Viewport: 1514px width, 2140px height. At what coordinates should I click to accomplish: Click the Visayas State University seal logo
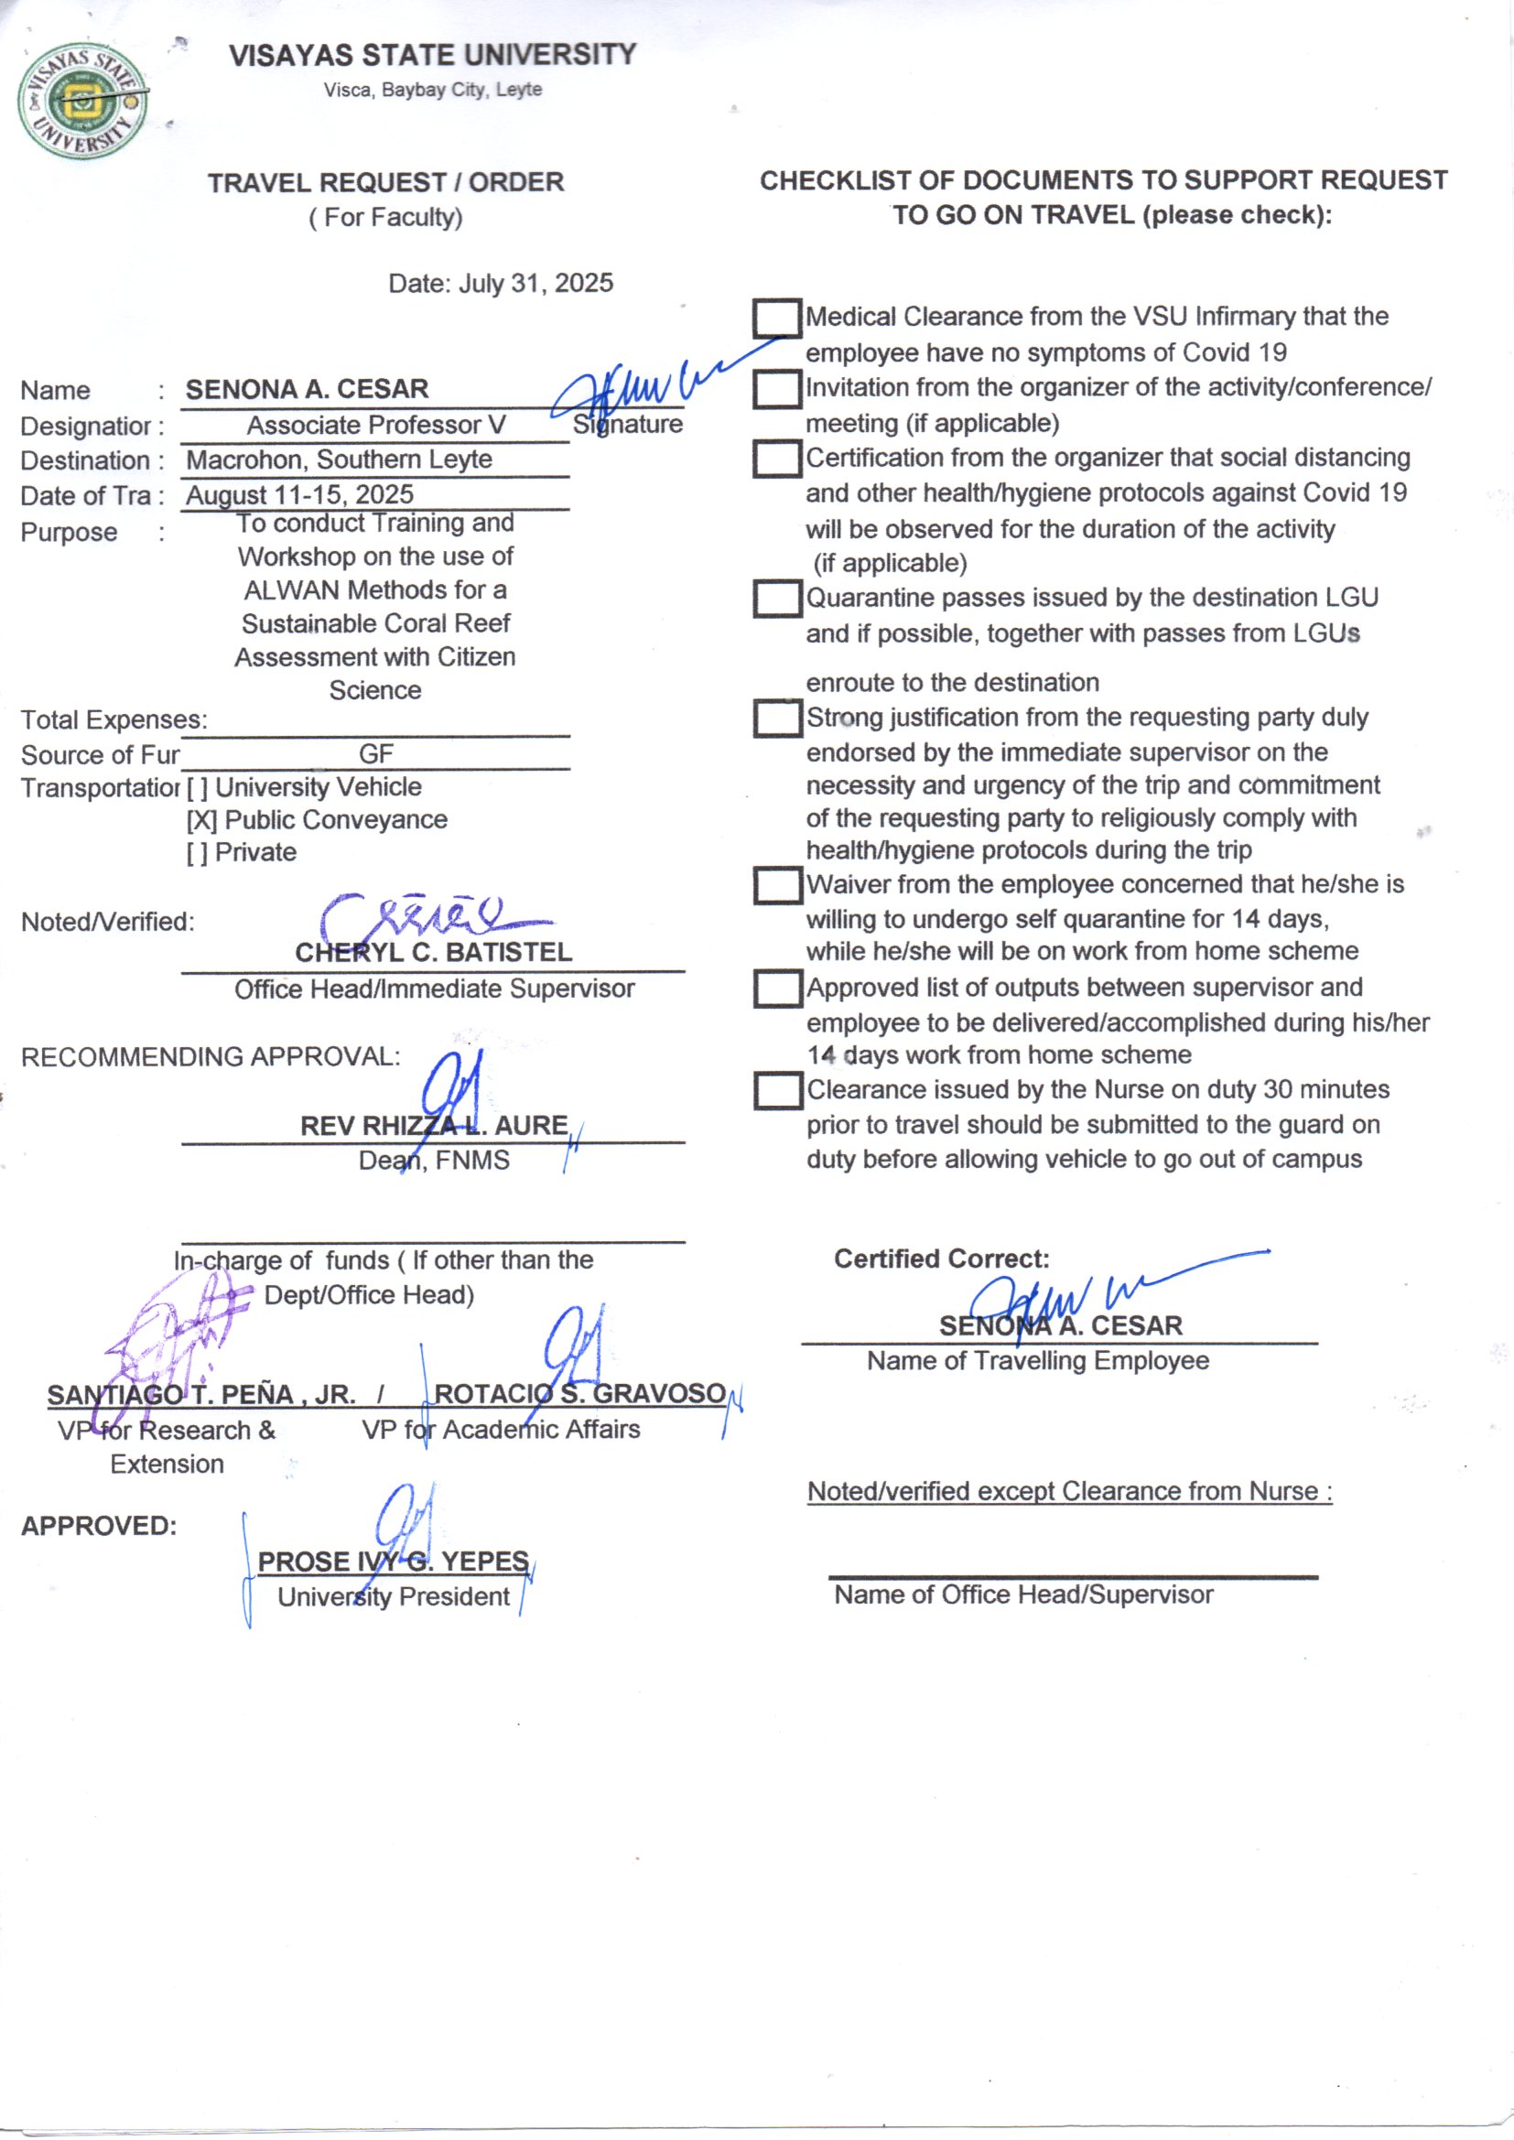[82, 101]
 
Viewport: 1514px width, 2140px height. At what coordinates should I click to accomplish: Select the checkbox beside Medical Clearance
[776, 319]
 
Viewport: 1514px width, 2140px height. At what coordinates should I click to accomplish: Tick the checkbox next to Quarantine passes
[776, 600]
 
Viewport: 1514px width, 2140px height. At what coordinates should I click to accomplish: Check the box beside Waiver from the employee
[776, 886]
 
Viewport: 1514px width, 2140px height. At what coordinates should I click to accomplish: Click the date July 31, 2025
[535, 284]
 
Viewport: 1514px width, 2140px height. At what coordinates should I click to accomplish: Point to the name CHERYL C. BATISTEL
[434, 953]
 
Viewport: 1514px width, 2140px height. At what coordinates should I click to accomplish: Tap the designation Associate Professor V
[375, 426]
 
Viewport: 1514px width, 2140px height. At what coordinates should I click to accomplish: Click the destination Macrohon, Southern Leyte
[340, 460]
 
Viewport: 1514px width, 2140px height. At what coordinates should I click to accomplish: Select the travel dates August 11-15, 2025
[300, 495]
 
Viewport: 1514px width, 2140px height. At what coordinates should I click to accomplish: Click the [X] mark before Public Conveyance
[201, 821]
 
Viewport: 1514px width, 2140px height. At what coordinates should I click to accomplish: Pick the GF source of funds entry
[375, 754]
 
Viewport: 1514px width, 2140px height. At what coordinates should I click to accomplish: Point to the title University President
[394, 1597]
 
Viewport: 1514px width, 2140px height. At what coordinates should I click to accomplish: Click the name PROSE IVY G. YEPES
[394, 1562]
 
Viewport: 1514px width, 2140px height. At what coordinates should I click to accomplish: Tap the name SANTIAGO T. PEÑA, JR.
[201, 1395]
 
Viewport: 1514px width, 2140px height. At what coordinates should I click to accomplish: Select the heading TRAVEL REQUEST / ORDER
[386, 183]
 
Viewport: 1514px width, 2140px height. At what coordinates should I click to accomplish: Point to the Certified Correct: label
[942, 1259]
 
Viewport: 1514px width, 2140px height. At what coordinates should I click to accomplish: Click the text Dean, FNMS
[435, 1162]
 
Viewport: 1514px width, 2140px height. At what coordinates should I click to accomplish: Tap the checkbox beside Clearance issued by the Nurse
[776, 1091]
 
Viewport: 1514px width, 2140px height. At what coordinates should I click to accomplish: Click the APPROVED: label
[99, 1527]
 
